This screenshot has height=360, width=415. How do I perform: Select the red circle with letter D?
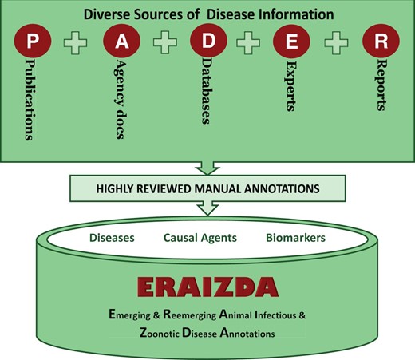tap(206, 41)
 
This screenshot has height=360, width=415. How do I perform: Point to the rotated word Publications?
tap(32, 100)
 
